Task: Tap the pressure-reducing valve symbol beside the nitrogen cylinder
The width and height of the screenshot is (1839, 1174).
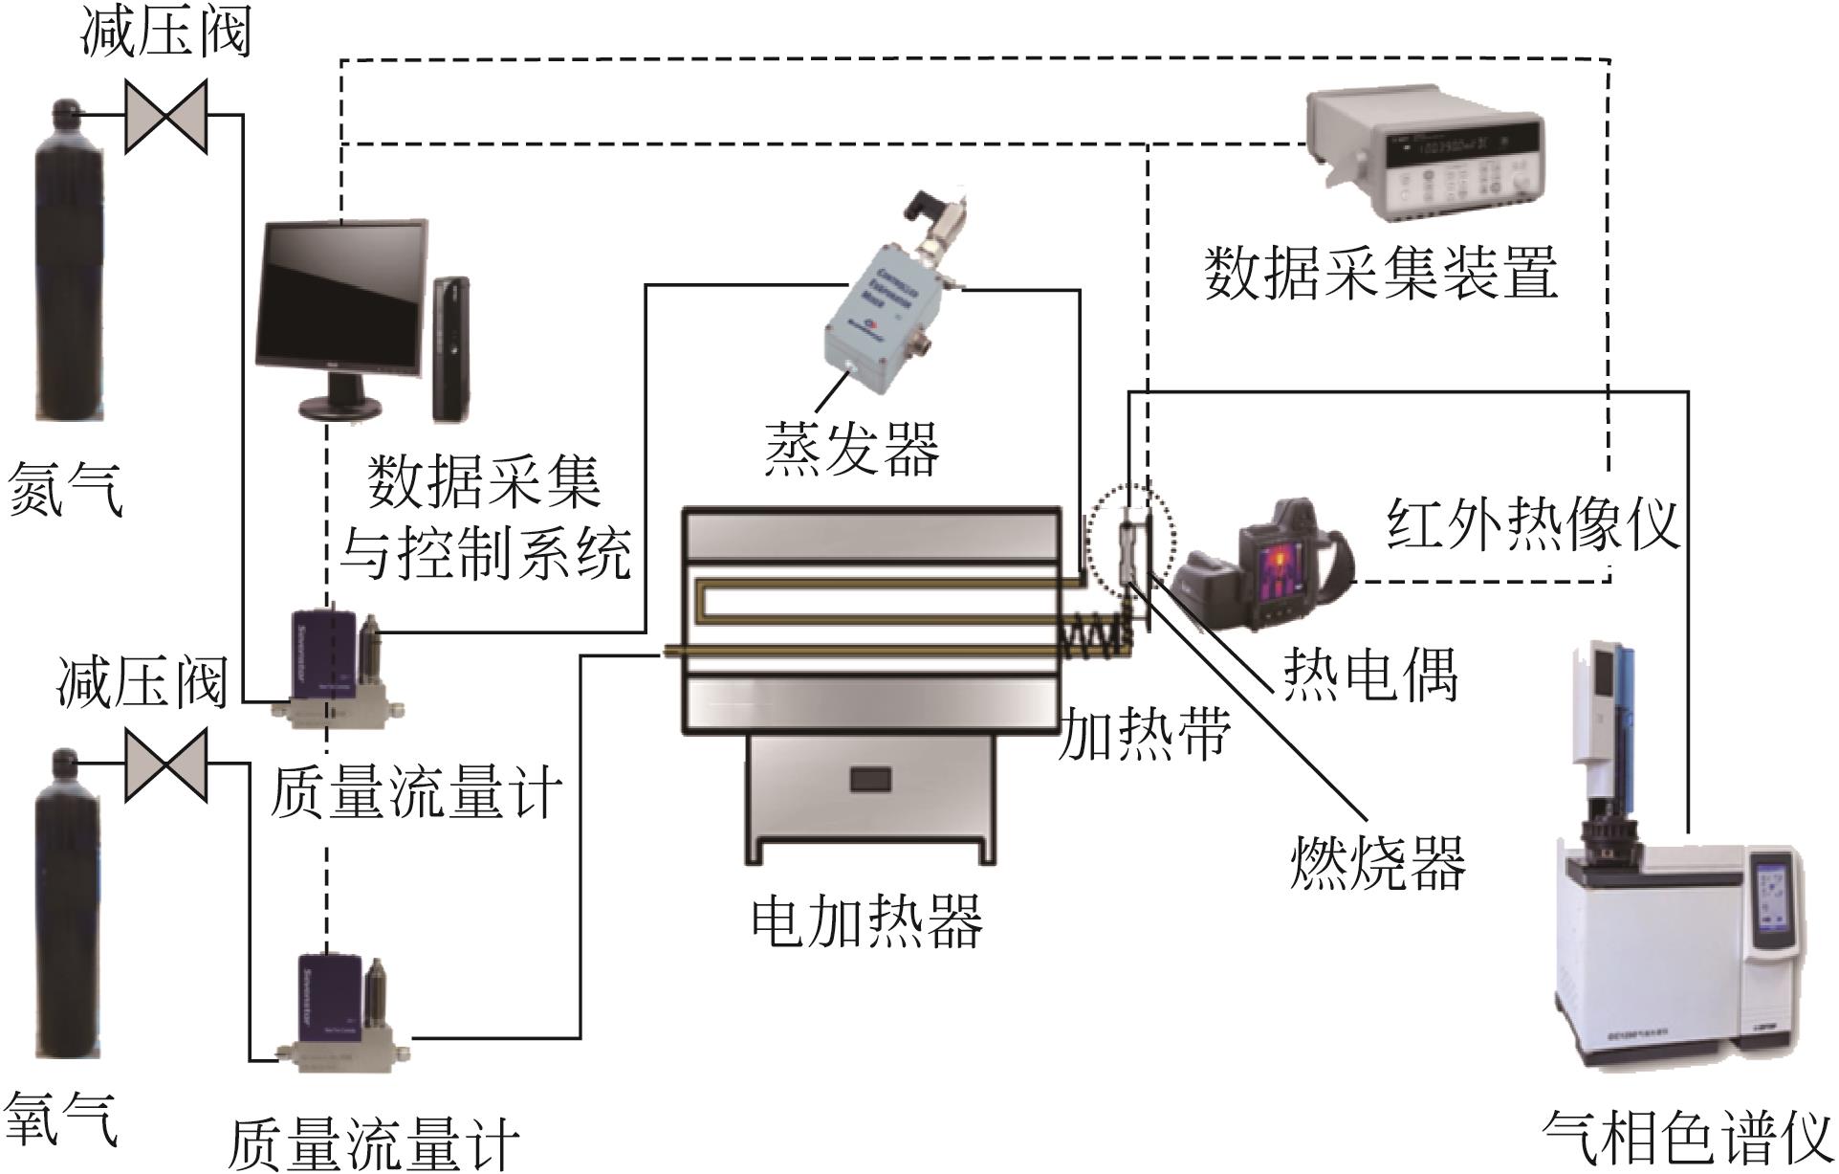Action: click(x=166, y=116)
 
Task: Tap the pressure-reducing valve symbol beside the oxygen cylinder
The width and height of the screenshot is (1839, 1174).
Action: click(x=166, y=763)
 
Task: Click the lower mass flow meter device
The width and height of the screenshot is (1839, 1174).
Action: click(x=339, y=1009)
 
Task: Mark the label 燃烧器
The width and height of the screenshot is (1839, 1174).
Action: click(x=1377, y=861)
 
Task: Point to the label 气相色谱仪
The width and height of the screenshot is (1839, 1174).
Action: click(x=1688, y=1139)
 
